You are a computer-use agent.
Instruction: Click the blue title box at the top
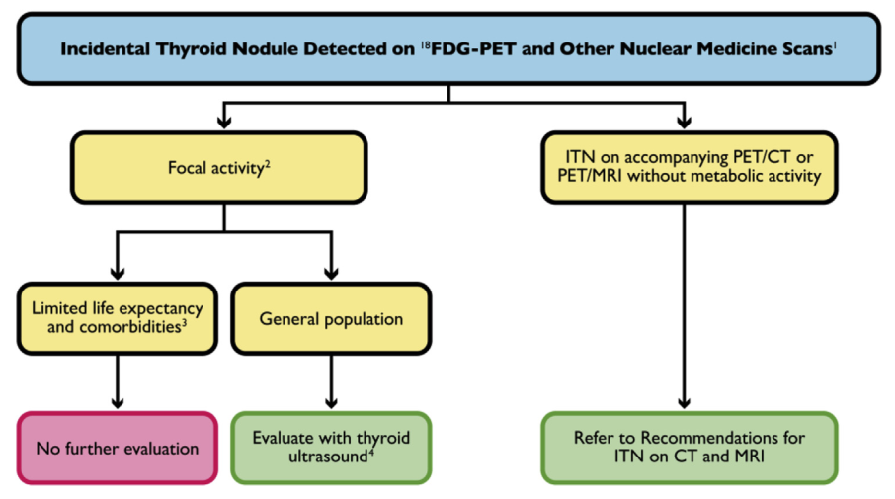[x=447, y=47]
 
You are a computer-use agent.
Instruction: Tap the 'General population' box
[x=331, y=319]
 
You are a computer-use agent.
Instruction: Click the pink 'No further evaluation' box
[x=117, y=448]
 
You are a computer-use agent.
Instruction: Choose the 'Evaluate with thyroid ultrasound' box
[x=331, y=448]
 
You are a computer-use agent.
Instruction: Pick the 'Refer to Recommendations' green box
[x=689, y=448]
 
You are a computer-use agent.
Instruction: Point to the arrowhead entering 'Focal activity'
[x=224, y=123]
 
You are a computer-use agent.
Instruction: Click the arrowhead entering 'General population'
[x=331, y=271]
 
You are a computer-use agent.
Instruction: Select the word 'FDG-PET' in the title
[x=464, y=48]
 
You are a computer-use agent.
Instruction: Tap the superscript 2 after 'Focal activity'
[x=268, y=163]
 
